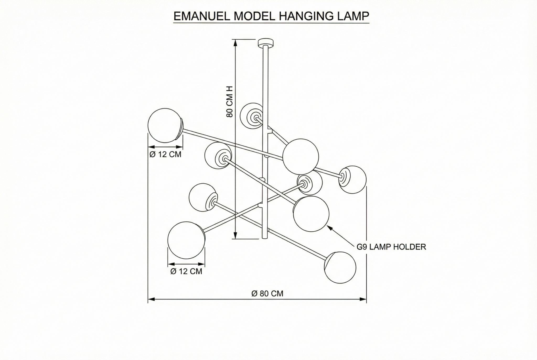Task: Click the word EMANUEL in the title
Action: click(202, 16)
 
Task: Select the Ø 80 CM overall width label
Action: click(267, 293)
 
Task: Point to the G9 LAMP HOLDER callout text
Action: click(391, 247)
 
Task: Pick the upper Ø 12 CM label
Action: click(165, 154)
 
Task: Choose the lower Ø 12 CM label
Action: click(186, 271)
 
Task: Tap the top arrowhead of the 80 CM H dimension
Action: click(236, 42)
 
